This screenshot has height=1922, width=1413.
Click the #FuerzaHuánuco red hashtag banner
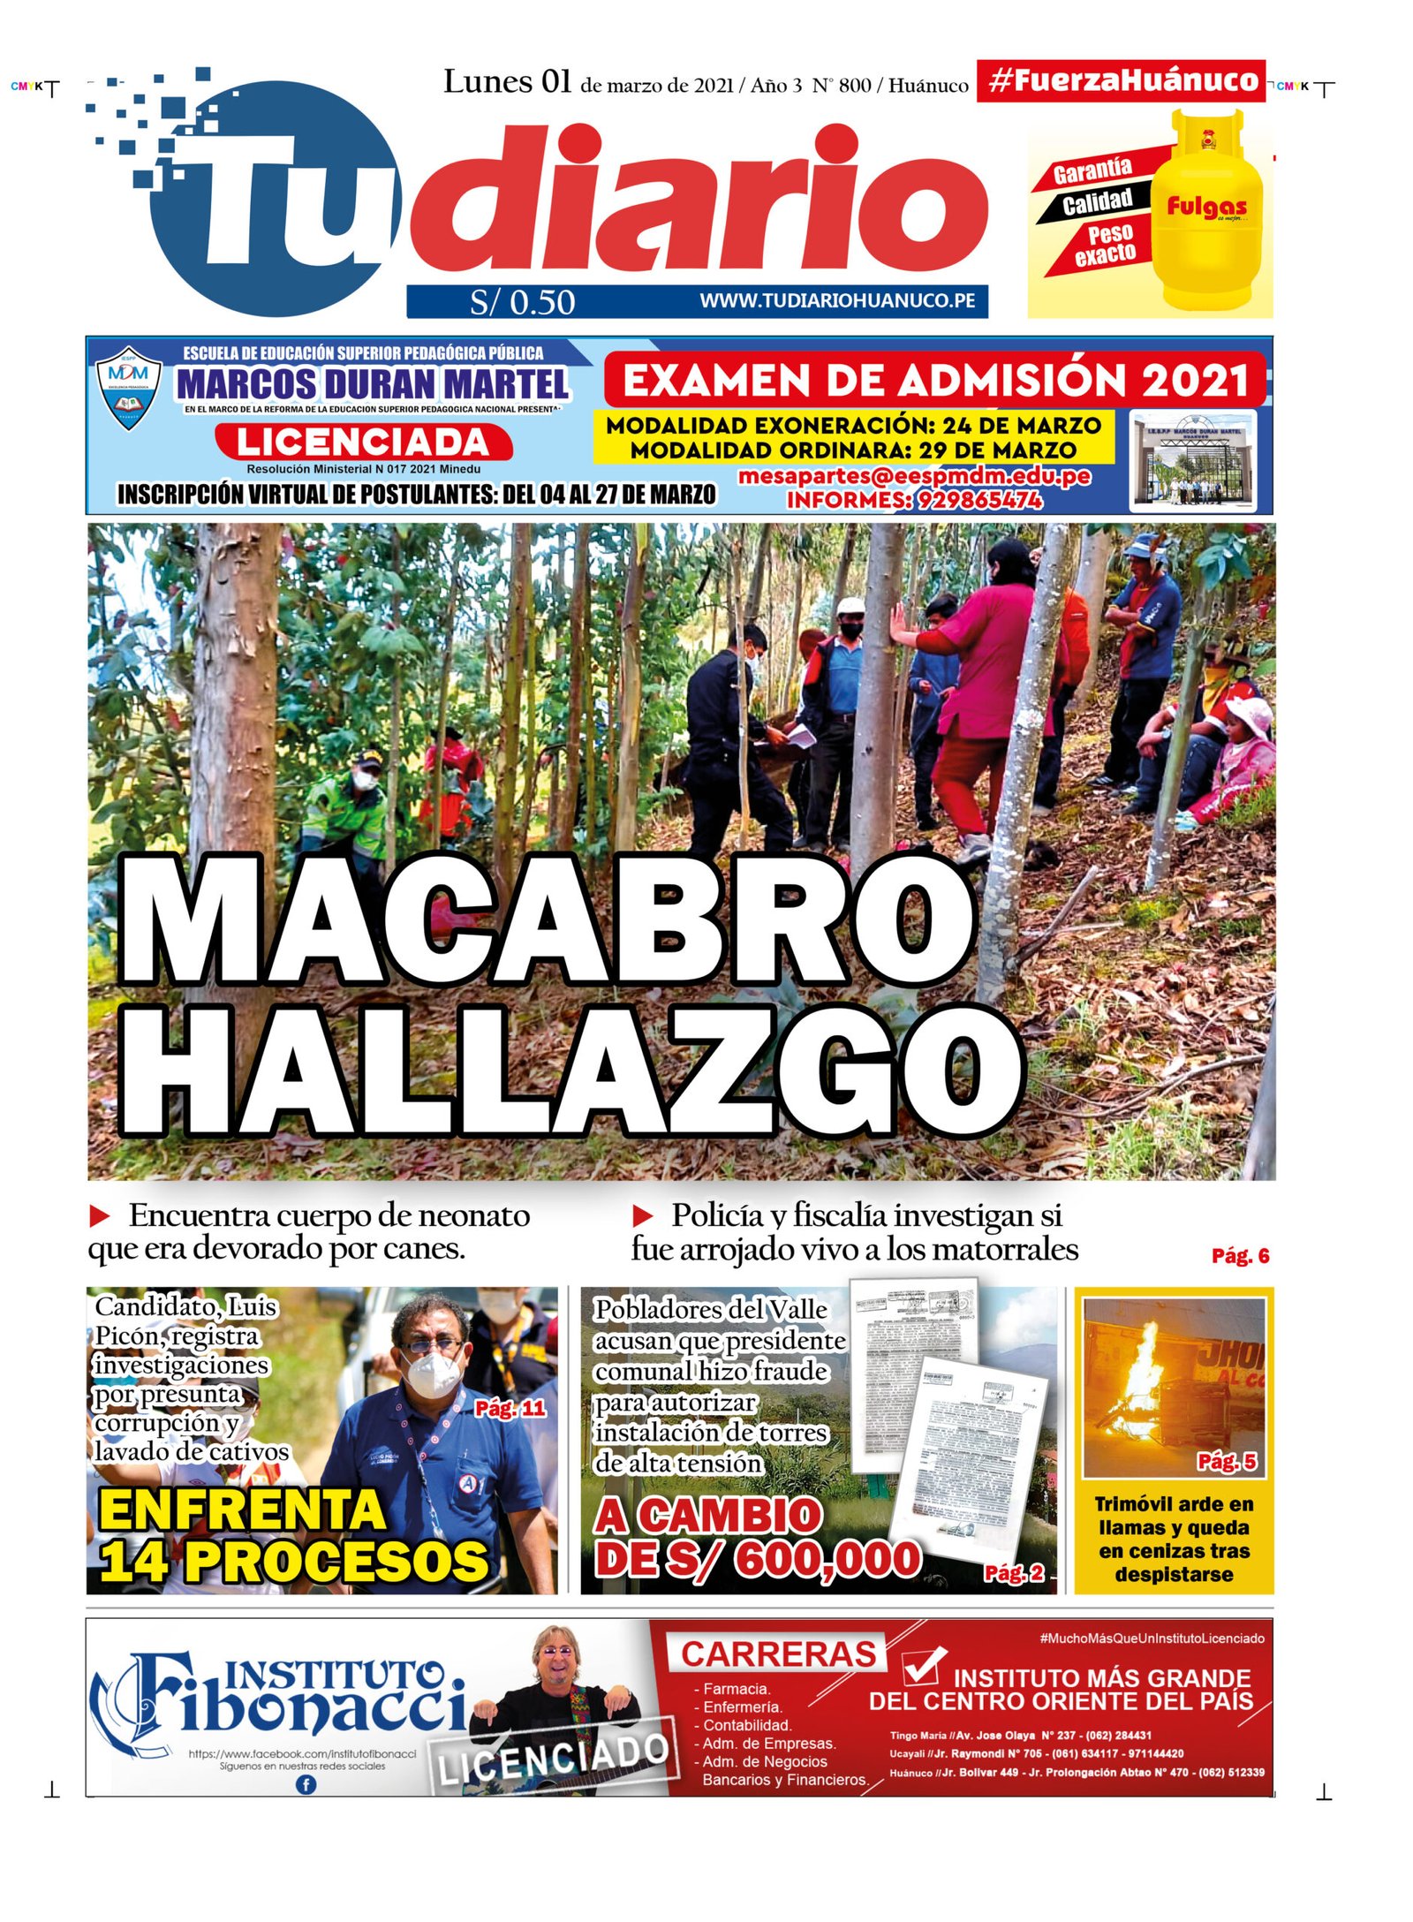point(1120,81)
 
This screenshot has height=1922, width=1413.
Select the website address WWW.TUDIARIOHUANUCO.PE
point(837,301)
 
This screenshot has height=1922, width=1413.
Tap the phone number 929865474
point(979,501)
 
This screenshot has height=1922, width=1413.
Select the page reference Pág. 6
point(1240,1256)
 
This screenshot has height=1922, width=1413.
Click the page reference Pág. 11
point(510,1408)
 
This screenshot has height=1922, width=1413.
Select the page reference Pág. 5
point(1227,1462)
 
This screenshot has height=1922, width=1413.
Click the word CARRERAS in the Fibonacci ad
point(779,1653)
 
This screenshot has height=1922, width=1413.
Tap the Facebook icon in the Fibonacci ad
point(305,1784)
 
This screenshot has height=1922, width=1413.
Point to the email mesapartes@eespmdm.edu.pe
point(914,477)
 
